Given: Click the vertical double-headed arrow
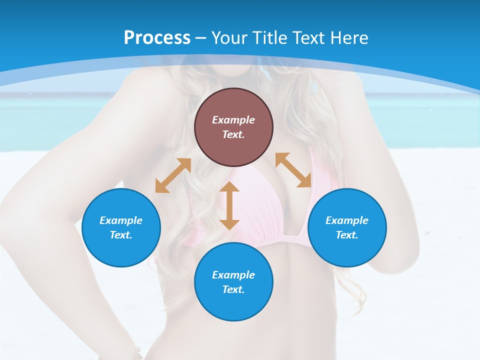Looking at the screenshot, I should [229, 205].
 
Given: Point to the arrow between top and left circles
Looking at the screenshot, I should [173, 175].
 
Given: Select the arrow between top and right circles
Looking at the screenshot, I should [293, 170].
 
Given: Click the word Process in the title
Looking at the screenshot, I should [157, 38].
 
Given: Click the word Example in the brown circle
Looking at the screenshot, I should [233, 120].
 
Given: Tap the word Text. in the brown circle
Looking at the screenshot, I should [233, 134].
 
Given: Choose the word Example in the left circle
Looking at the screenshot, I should [121, 220].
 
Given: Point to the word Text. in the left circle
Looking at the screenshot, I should [121, 235].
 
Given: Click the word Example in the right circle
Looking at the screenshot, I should [347, 220].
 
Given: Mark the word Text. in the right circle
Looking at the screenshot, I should [347, 235].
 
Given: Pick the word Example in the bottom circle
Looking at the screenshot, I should [233, 275].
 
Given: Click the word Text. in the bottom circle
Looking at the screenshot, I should [233, 289].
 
